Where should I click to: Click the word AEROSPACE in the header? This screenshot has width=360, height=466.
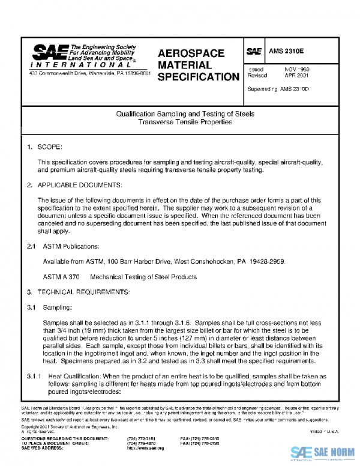click(x=191, y=53)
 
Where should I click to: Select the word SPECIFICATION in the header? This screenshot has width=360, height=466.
click(x=199, y=77)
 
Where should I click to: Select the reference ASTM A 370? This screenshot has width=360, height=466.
click(x=59, y=277)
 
